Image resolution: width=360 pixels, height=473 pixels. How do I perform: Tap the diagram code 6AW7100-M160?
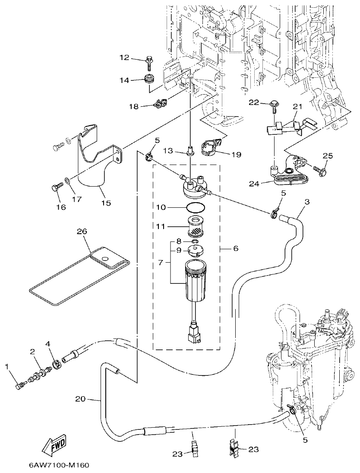click(59, 465)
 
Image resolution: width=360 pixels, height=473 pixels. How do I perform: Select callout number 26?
click(82, 232)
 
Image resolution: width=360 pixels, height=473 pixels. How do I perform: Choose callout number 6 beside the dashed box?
click(235, 249)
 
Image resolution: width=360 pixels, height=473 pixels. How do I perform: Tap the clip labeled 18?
click(160, 104)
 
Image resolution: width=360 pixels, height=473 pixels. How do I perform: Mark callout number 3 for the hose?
click(307, 202)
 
